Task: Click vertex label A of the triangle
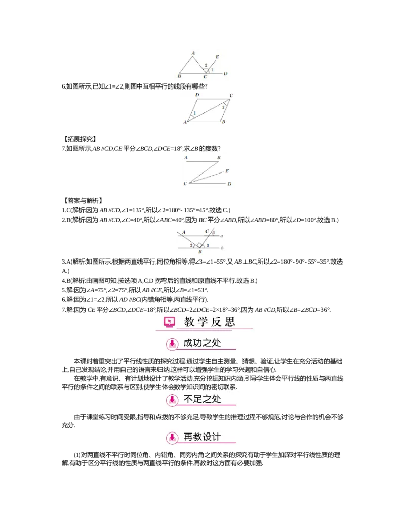click(193, 53)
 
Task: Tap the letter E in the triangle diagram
click(217, 56)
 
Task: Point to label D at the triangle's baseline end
click(225, 74)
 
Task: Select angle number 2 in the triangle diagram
click(206, 65)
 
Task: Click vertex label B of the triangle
click(180, 77)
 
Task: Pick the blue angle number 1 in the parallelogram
click(194, 113)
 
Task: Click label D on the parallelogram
click(197, 95)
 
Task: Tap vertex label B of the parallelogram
click(223, 122)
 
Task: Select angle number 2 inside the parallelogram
click(223, 107)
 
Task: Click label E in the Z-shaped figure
click(227, 171)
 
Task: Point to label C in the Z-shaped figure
click(185, 183)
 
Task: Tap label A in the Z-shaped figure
click(186, 158)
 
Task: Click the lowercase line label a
click(222, 236)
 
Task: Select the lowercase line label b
click(222, 248)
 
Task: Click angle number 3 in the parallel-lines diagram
click(207, 245)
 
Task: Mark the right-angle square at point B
click(199, 245)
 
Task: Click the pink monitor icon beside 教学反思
click(169, 322)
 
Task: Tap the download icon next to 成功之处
click(172, 344)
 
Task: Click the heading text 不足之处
click(202, 399)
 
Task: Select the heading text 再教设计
click(202, 437)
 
